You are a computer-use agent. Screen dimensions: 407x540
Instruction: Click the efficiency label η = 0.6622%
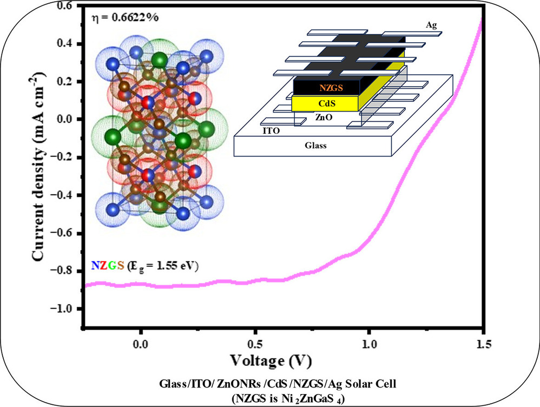(125, 17)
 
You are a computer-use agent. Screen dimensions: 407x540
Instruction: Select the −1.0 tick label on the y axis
(66, 308)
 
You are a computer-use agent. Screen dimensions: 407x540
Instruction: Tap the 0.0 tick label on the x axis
(141, 343)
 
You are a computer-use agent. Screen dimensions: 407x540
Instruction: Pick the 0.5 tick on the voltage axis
(255, 343)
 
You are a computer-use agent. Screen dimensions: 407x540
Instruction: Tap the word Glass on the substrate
(316, 145)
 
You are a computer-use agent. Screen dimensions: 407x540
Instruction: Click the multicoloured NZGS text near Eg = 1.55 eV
(108, 266)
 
